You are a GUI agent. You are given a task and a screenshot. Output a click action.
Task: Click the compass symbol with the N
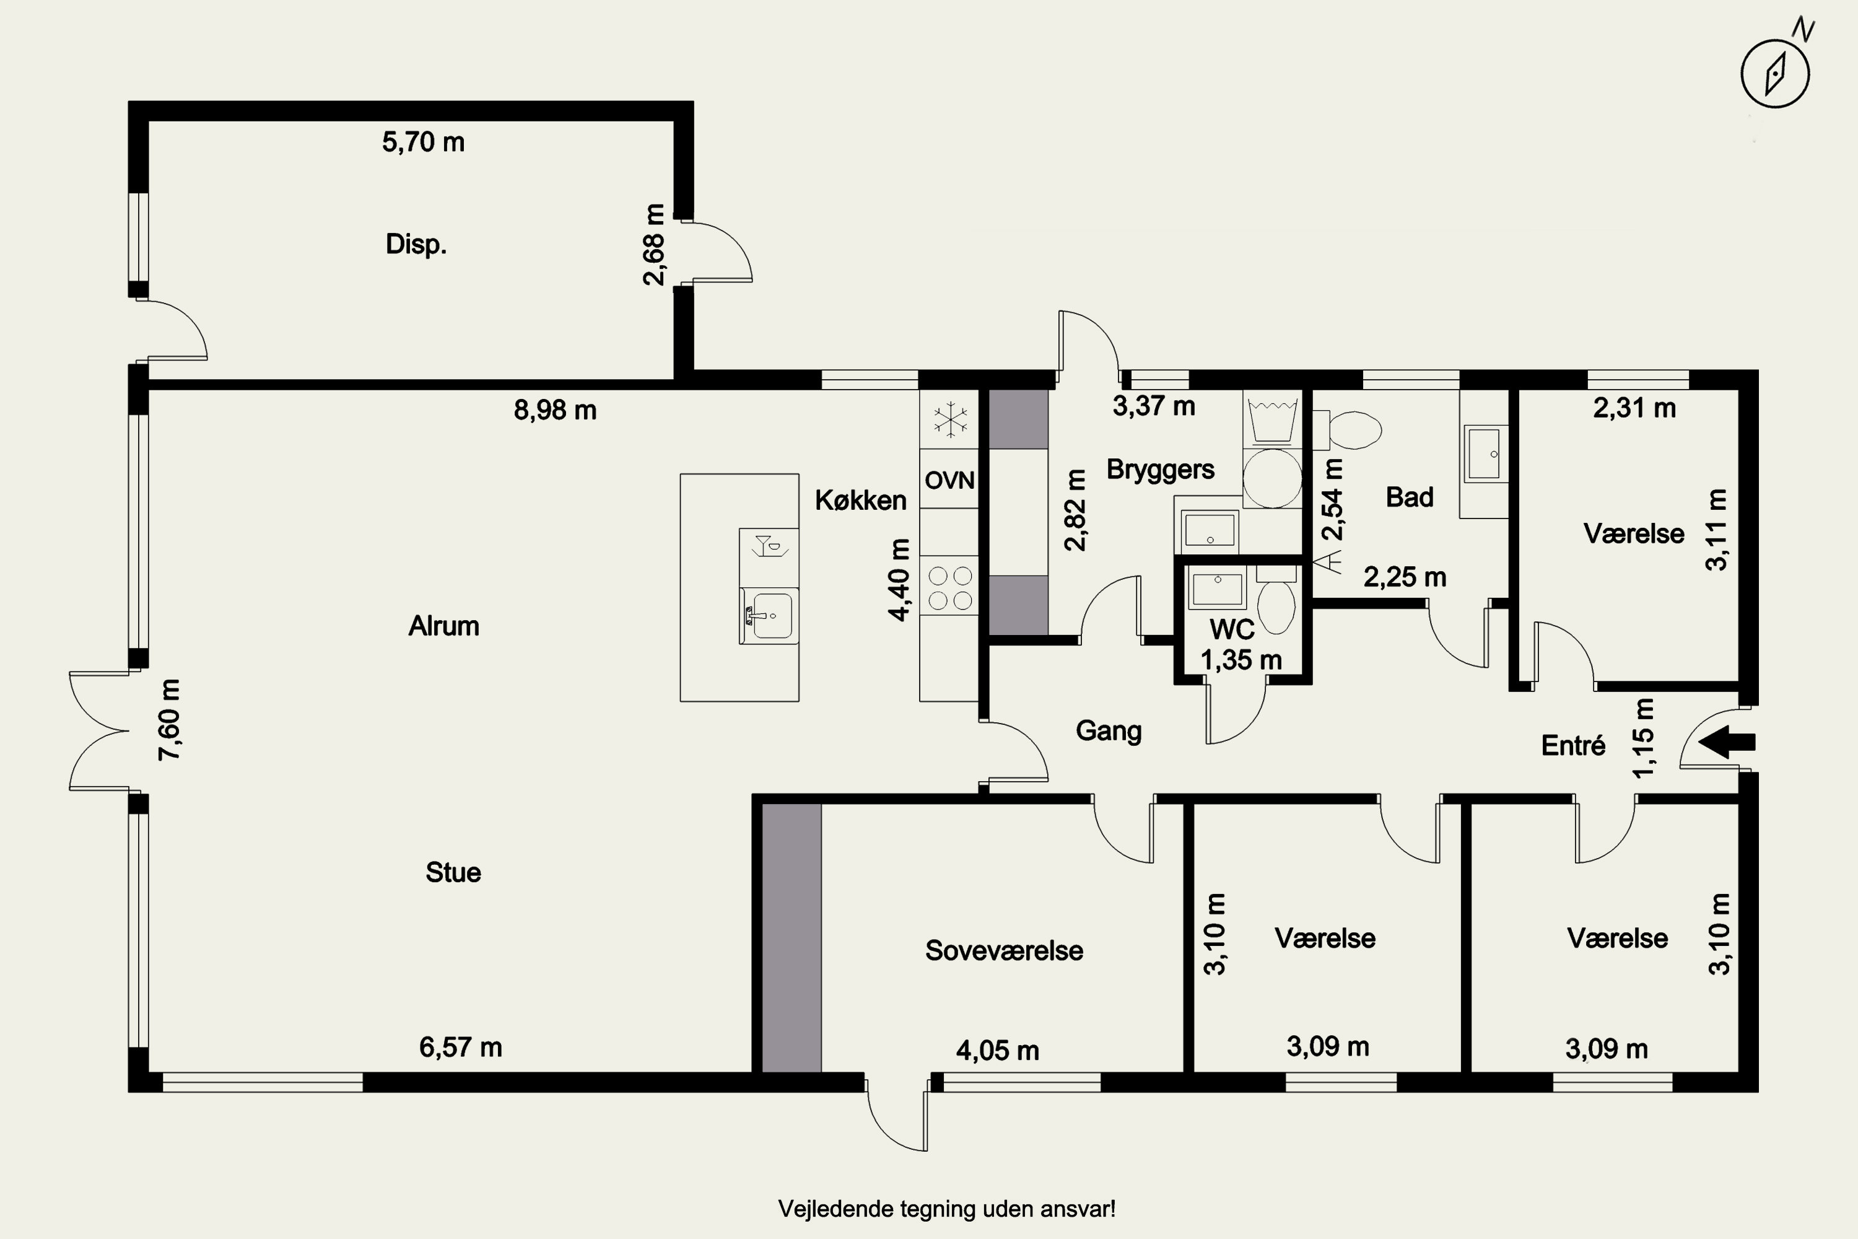1775,72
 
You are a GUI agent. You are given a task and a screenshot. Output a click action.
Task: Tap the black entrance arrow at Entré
1727,742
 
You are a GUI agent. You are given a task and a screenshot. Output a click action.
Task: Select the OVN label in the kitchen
949,479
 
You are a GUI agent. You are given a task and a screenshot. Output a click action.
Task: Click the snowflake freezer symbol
950,419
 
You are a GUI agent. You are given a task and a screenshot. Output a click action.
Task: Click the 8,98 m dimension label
556,410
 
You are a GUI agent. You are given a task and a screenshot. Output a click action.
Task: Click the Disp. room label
416,244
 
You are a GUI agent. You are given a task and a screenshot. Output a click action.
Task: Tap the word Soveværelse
1004,950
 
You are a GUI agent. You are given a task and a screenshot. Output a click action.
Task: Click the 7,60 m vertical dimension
170,720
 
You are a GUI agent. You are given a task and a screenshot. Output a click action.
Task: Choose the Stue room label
453,872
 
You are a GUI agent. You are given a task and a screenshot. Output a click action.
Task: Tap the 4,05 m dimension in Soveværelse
998,1050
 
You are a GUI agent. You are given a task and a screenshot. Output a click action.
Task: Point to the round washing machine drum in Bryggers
1272,478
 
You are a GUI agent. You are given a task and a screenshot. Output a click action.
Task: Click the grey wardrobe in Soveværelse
792,938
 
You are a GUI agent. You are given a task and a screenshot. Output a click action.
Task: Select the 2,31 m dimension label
1634,408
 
